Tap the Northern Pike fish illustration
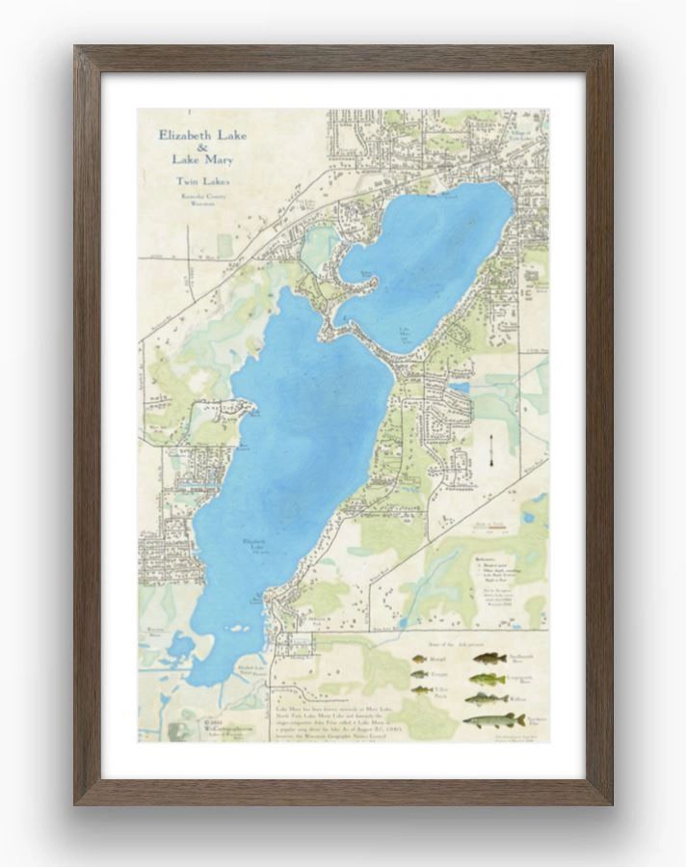click(x=494, y=720)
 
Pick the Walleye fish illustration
click(x=487, y=698)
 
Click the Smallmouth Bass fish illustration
click(x=489, y=659)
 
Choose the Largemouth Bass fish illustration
click(x=487, y=679)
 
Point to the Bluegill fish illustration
click(x=419, y=660)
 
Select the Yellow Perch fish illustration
click(x=421, y=691)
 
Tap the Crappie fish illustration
click(x=419, y=674)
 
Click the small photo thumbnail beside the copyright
click(x=177, y=731)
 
